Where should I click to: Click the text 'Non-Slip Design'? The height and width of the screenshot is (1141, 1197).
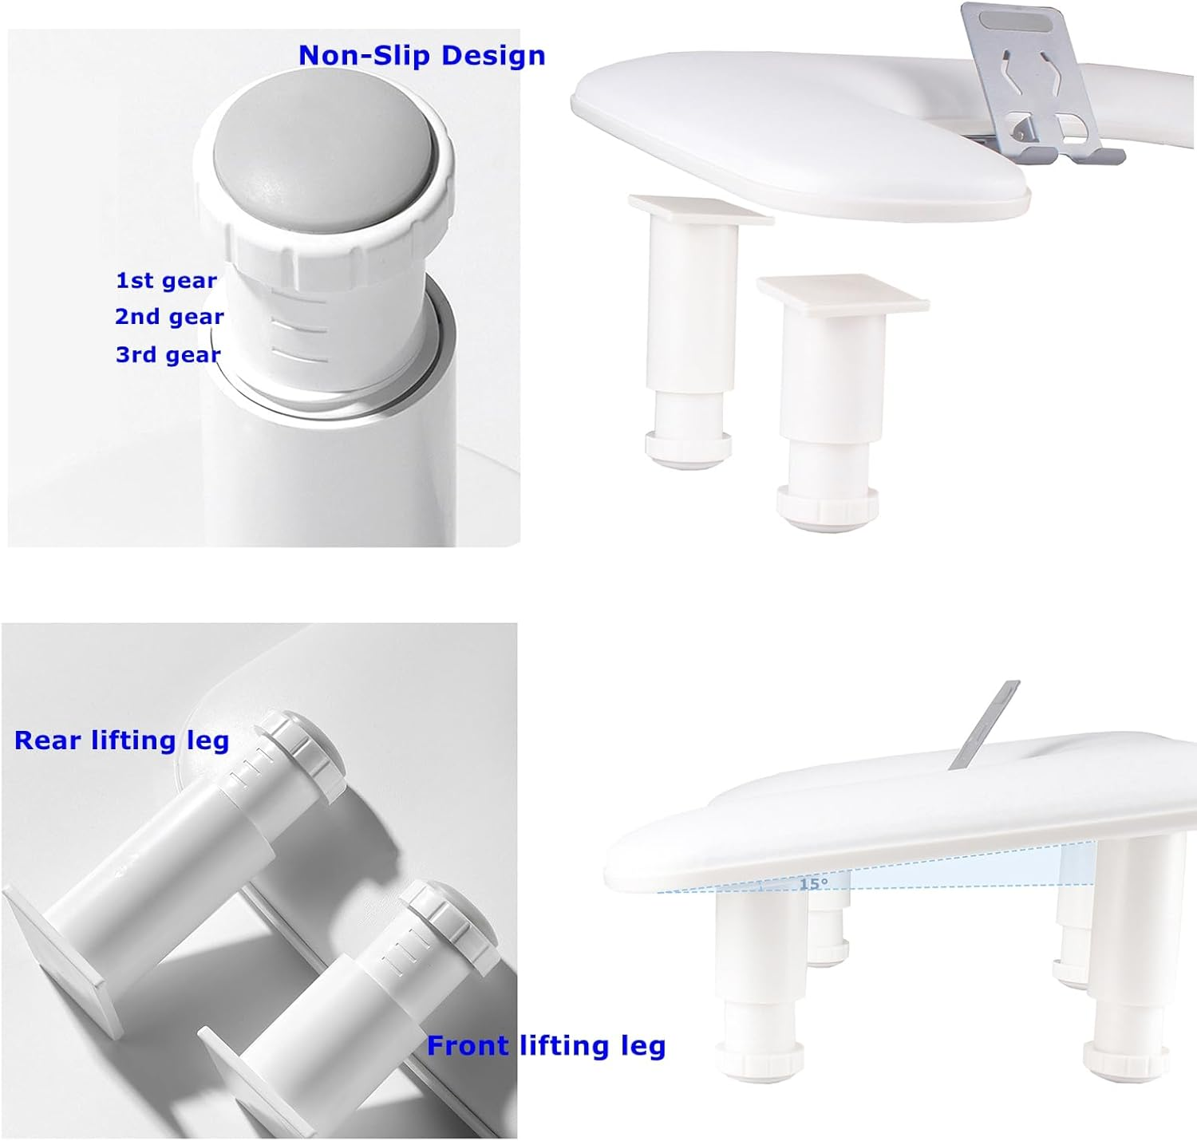tap(421, 55)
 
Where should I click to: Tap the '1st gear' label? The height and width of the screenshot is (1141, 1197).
tap(166, 281)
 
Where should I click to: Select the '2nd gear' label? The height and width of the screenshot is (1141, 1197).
tap(169, 317)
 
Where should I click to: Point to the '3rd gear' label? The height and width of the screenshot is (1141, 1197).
tap(168, 354)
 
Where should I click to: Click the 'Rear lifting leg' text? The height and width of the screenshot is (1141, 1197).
tap(122, 740)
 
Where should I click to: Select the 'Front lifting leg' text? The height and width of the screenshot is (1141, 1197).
tap(546, 1045)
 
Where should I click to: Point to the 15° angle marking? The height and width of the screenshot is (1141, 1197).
tap(813, 884)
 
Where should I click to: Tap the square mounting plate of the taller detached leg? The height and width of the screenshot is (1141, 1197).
tap(700, 209)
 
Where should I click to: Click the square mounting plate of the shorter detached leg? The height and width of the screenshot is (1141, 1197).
tap(843, 294)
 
